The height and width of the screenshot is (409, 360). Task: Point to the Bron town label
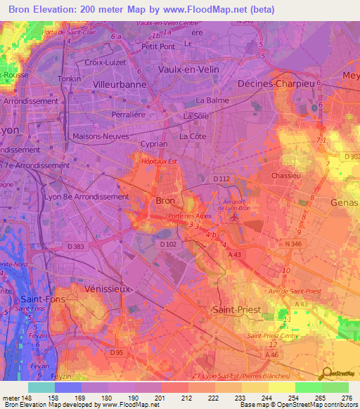pos(165,200)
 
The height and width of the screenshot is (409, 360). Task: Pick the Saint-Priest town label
pos(237,309)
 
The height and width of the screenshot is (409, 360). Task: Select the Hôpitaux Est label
pos(154,161)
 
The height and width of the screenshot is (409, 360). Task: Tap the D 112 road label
pos(222,179)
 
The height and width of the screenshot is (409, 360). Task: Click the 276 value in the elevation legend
pos(345,397)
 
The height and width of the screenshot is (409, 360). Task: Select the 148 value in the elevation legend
pos(27,397)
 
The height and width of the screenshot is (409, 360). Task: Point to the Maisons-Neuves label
pos(98,136)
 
